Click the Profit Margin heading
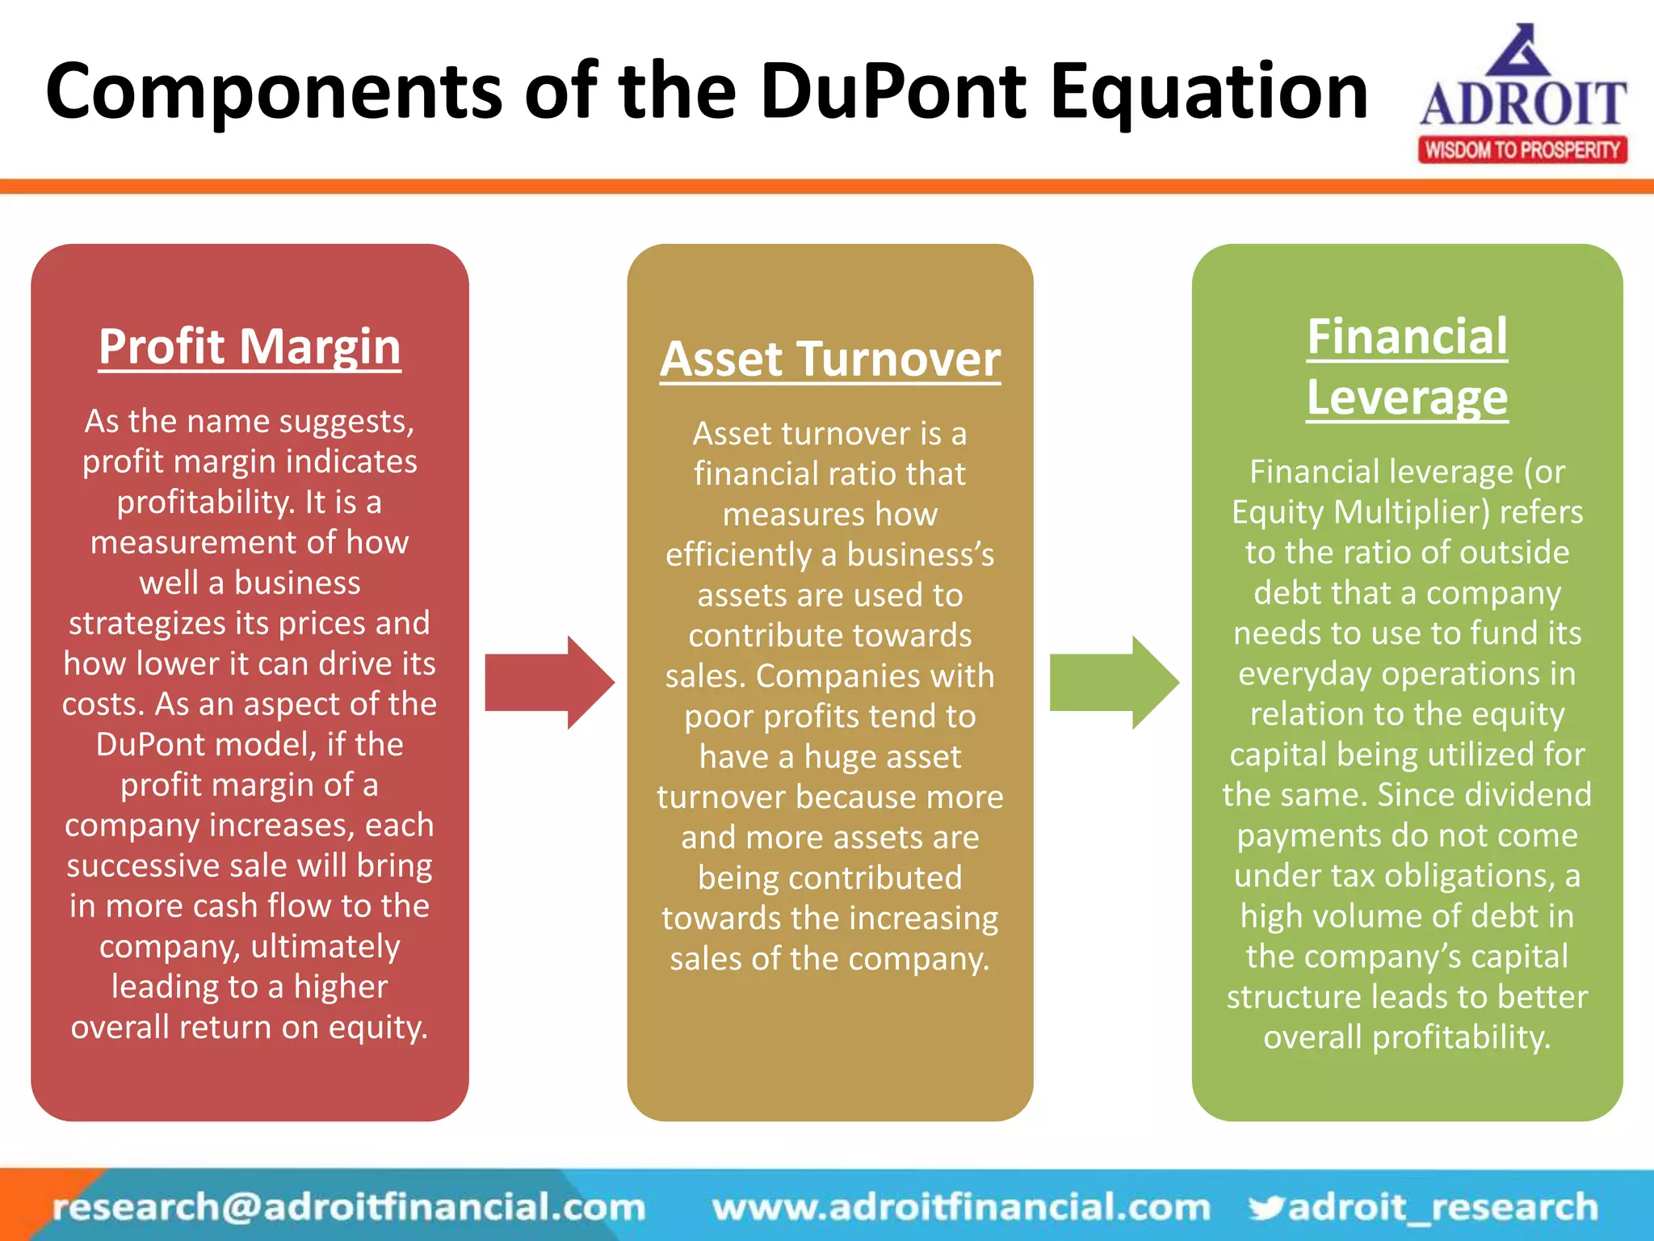pyautogui.click(x=250, y=347)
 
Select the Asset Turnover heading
pyautogui.click(x=829, y=360)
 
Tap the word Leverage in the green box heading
pyautogui.click(x=1407, y=398)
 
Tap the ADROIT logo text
pyautogui.click(x=1523, y=103)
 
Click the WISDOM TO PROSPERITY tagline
pyautogui.click(x=1522, y=150)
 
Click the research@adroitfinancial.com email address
pyautogui.click(x=349, y=1207)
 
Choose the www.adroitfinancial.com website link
pyautogui.click(x=961, y=1207)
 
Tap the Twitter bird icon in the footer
pyautogui.click(x=1266, y=1207)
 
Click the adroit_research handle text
pyautogui.click(x=1443, y=1207)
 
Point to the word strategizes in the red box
pyautogui.click(x=147, y=624)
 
